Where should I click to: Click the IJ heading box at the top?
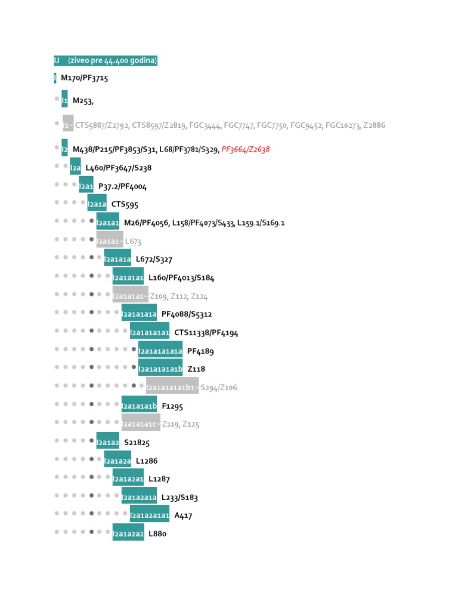[x=106, y=61]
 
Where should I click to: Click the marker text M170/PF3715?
[x=84, y=78]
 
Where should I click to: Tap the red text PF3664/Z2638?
[x=246, y=149]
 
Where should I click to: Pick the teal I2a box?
[x=75, y=167]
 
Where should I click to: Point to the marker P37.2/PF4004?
[x=122, y=186]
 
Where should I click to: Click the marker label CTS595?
[x=125, y=205]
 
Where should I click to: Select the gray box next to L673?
[x=110, y=240]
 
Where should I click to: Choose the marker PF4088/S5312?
[x=187, y=314]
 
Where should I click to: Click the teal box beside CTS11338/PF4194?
[x=150, y=332]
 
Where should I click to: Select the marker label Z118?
[x=196, y=369]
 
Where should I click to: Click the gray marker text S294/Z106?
[x=219, y=388]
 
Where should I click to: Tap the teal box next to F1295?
[x=139, y=406]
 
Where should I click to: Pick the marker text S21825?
[x=137, y=443]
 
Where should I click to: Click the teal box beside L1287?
[x=128, y=479]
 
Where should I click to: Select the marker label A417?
[x=183, y=516]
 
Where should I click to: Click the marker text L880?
[x=157, y=534]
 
